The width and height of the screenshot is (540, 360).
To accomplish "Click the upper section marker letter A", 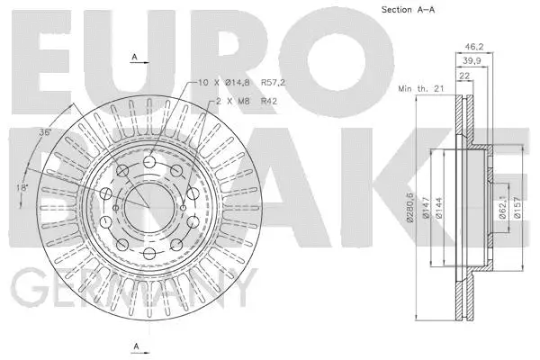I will (134, 57).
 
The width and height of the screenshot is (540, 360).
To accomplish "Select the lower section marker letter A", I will (134, 345).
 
